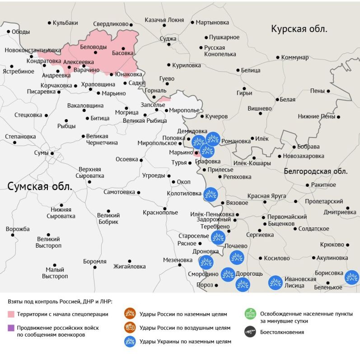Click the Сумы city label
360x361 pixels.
click(x=41, y=153)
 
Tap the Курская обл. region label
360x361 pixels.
click(x=299, y=29)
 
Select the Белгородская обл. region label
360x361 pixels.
click(x=316, y=171)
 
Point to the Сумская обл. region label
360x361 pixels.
click(x=40, y=186)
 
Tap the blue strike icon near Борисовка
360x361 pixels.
click(x=351, y=278)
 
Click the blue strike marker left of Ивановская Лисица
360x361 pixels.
click(x=275, y=282)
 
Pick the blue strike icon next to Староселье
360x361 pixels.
click(x=218, y=237)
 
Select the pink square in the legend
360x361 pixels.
click(x=11, y=314)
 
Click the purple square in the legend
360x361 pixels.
click(x=11, y=328)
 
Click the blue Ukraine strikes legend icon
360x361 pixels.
click(x=130, y=342)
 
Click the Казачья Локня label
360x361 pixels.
click(x=164, y=20)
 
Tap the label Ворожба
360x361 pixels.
click(x=18, y=229)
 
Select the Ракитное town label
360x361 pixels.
click(x=323, y=185)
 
